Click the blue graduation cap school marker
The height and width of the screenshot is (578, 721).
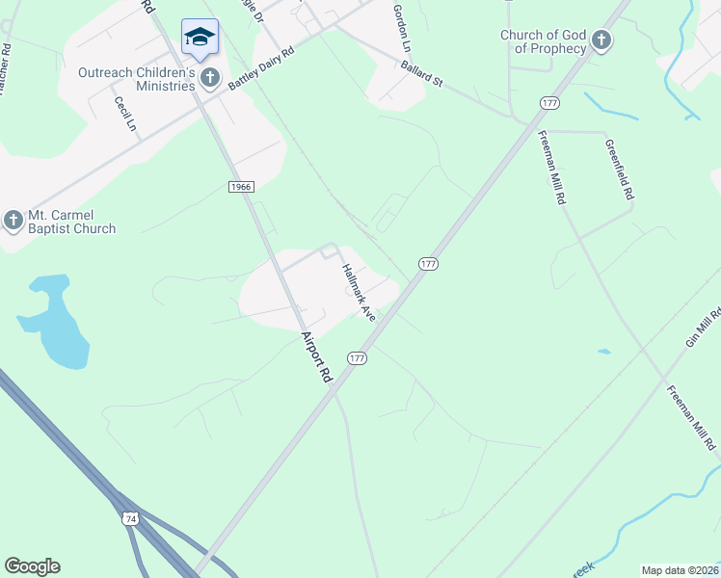[200, 38]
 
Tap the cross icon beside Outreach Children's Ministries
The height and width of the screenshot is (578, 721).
[210, 76]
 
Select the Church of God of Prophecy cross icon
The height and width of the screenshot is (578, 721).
[601, 40]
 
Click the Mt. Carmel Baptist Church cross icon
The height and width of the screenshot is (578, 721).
[13, 221]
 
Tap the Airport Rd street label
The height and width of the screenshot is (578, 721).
[316, 357]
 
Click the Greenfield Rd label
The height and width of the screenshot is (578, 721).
[619, 169]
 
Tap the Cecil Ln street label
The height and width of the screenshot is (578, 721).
[125, 114]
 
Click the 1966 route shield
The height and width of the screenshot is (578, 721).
[241, 186]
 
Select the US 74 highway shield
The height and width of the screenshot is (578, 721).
[130, 519]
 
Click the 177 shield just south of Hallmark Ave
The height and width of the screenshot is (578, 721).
[358, 358]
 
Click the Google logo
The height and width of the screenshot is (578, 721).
[32, 566]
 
